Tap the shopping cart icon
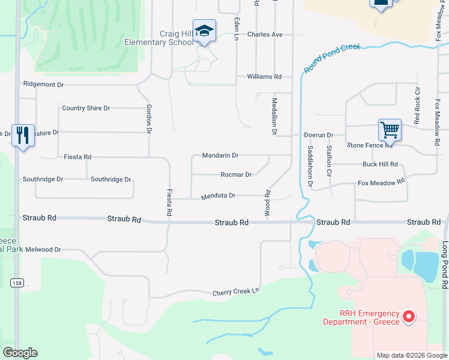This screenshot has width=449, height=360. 390,129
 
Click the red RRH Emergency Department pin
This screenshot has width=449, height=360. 409,316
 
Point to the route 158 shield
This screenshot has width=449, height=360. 16,283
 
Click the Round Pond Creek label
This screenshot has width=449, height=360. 331,58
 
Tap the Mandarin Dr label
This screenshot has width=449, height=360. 220,155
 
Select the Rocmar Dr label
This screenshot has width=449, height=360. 236,175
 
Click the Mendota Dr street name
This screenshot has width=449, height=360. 218,196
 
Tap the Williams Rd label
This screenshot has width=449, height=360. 264,77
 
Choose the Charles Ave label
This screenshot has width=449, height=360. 264,35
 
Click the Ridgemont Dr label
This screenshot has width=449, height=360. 43,85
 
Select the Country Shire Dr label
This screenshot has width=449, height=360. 86,109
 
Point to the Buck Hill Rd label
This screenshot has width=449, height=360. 380,164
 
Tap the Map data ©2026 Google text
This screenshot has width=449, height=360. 411,355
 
